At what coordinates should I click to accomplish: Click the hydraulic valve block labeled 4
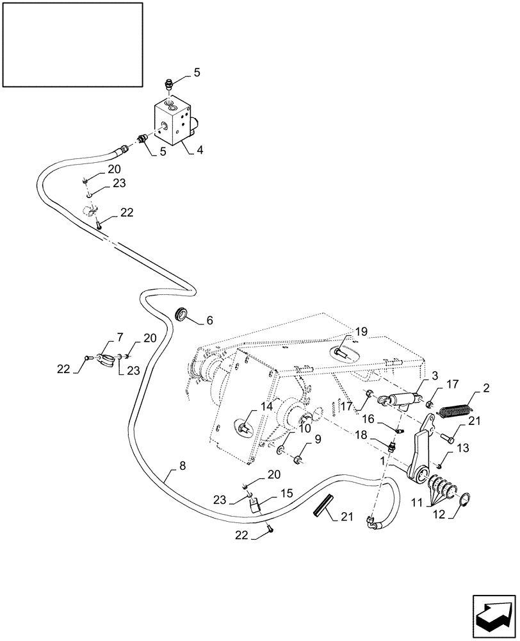point(173,122)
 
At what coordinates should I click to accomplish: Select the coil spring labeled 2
point(457,406)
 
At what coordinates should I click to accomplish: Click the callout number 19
point(361,332)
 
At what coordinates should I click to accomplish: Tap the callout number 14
point(266,407)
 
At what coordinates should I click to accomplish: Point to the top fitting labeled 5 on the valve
point(167,85)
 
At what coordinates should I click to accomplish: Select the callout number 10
point(306,427)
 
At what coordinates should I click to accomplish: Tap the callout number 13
point(463,448)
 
